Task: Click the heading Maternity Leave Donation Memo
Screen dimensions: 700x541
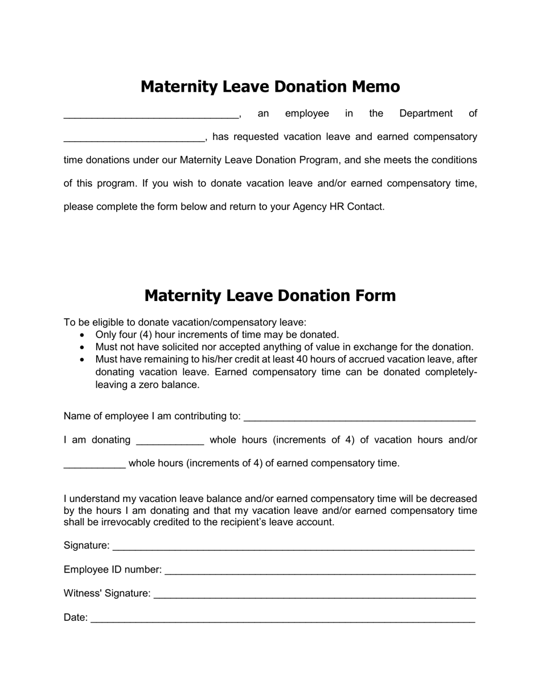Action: tap(270, 87)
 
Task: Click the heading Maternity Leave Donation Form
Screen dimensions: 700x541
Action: tap(270, 295)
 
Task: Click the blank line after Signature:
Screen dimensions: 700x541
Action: tap(293, 547)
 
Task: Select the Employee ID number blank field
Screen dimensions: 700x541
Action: tap(319, 571)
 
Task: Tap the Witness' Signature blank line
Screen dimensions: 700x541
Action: tap(314, 595)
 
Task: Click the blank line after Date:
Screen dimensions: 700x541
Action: tap(282, 619)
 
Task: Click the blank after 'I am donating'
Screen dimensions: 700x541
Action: tap(170, 442)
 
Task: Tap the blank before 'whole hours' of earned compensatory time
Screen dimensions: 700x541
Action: tap(94, 466)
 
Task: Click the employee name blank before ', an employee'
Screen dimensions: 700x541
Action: tap(151, 116)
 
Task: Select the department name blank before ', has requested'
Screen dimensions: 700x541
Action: tap(134, 139)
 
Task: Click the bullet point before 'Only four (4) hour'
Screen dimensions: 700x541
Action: tap(83, 335)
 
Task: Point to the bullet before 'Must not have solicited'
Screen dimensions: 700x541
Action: tap(83, 347)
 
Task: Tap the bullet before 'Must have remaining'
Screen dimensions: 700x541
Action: tap(83, 360)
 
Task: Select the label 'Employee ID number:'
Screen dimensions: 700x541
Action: tap(113, 570)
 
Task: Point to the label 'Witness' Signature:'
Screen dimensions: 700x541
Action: tap(107, 594)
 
